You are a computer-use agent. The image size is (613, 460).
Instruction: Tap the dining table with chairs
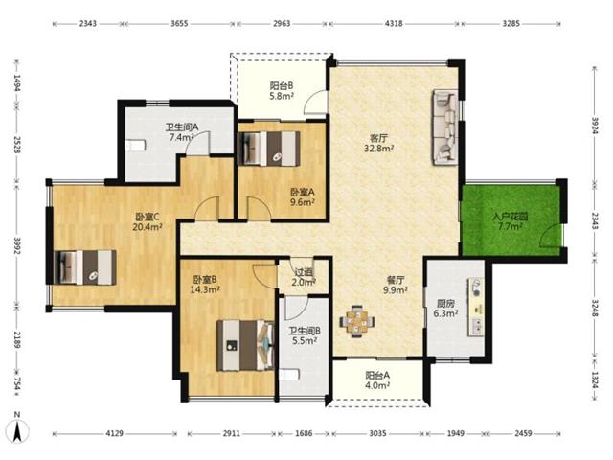[356, 322]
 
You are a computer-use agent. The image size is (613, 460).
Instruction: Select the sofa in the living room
[444, 127]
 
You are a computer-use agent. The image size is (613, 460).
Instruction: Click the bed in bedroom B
[245, 345]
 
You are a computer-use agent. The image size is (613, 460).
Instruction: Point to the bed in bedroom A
[269, 149]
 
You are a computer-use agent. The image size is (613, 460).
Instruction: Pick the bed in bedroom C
[85, 267]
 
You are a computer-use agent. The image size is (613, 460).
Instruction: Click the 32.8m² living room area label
[378, 149]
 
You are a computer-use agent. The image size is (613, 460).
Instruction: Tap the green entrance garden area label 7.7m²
[510, 226]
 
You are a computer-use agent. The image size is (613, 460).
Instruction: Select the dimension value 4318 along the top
[394, 23]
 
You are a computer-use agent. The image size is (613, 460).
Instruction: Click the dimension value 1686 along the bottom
[304, 433]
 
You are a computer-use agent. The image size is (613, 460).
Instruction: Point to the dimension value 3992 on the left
[17, 245]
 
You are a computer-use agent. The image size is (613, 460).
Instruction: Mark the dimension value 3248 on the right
[595, 309]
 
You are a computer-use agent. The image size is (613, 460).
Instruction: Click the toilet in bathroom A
[136, 146]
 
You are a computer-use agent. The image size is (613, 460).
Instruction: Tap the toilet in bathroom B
[289, 375]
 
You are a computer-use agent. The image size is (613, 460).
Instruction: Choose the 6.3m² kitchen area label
[445, 313]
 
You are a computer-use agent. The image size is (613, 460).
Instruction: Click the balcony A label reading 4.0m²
[377, 385]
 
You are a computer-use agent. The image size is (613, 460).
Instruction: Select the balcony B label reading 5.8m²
[282, 96]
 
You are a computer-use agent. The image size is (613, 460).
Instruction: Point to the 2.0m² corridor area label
[304, 282]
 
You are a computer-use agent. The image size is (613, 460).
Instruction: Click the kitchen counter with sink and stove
[475, 307]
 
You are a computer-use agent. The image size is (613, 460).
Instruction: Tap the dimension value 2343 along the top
[87, 23]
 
